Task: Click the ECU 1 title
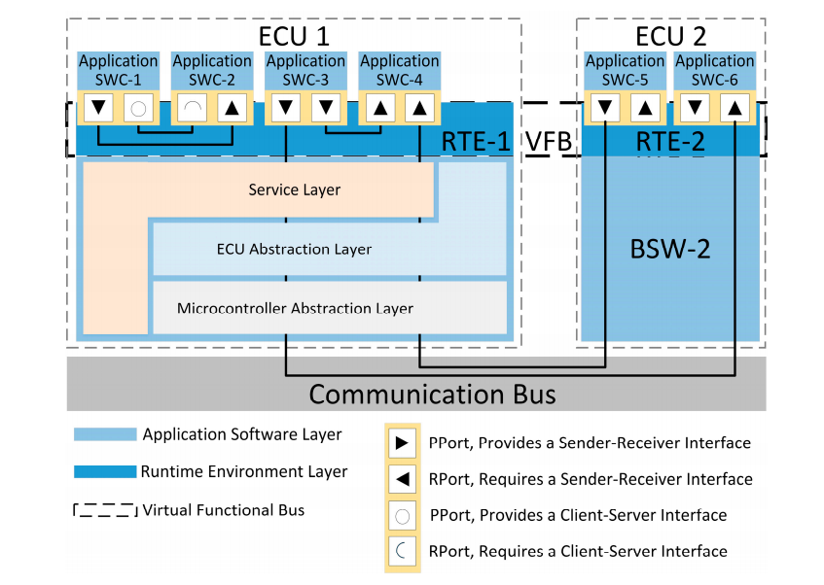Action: [x=294, y=37]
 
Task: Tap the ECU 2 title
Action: [x=671, y=37]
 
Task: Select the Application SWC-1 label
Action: [x=118, y=70]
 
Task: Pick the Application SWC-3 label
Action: [x=305, y=70]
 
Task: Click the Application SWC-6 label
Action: [x=715, y=70]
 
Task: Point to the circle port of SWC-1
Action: [x=138, y=108]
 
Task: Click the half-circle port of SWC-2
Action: [x=192, y=108]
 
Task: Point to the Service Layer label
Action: [x=295, y=189]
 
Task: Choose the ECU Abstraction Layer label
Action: [x=294, y=249]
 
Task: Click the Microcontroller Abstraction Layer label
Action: [x=295, y=308]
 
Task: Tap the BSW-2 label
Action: [x=670, y=248]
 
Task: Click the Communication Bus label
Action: [x=433, y=394]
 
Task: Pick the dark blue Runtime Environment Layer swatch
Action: [x=104, y=472]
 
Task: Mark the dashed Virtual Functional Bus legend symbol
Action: [x=104, y=510]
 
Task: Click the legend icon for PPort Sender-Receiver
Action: [x=402, y=443]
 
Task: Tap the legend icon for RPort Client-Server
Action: [x=402, y=551]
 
